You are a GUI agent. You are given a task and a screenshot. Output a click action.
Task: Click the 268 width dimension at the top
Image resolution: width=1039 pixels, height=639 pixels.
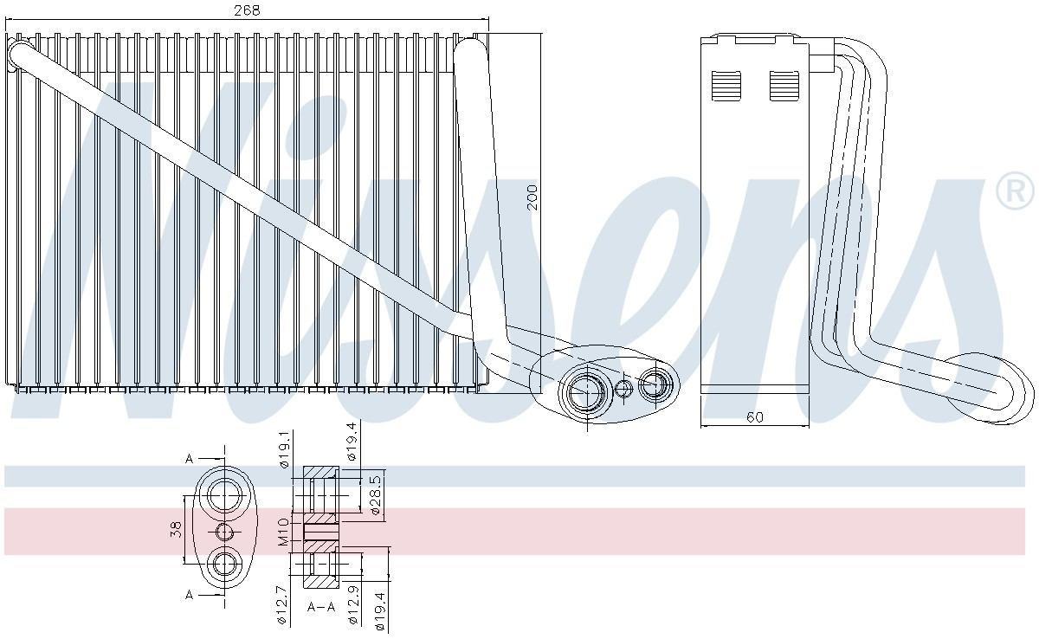(248, 10)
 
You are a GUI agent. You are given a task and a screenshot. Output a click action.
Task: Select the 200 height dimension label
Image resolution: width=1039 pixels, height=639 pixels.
(532, 197)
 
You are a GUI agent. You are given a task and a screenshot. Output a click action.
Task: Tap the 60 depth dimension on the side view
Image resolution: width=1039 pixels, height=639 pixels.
(754, 417)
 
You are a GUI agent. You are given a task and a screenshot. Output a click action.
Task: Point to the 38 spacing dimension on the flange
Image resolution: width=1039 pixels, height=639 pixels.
(177, 530)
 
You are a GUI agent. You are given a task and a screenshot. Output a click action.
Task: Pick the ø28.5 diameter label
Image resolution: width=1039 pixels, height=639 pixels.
(376, 494)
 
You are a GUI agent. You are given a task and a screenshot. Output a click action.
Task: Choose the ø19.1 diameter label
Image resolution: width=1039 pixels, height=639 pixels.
(283, 451)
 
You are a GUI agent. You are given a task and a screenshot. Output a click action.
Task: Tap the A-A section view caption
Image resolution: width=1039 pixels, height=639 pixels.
(320, 607)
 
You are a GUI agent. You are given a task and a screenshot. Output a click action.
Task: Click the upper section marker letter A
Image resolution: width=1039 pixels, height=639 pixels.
(189, 459)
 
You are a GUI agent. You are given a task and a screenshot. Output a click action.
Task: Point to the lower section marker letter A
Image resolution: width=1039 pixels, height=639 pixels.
(189, 594)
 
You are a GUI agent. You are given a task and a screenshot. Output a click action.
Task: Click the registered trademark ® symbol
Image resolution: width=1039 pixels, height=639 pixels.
(1015, 191)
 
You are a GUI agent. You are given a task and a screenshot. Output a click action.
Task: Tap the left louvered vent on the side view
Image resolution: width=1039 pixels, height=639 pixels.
(726, 85)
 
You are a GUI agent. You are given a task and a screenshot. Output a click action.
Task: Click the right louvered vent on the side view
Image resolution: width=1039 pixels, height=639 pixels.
(784, 85)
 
